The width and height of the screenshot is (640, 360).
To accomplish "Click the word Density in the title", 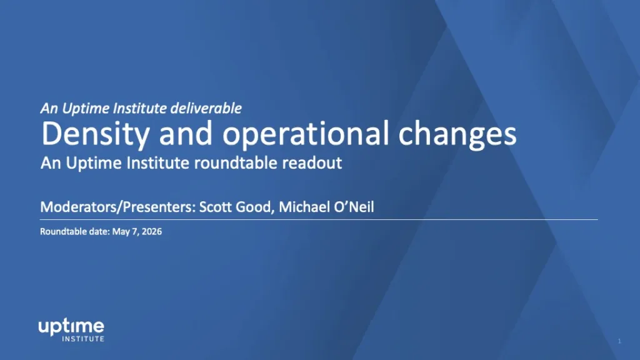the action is click(x=95, y=134).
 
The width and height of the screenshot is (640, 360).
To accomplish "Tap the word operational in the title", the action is click(x=305, y=134).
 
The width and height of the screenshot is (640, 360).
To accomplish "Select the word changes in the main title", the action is click(x=457, y=134).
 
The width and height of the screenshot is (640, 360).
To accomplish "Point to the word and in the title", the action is click(x=186, y=133).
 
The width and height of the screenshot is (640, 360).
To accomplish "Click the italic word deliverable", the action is click(x=206, y=108).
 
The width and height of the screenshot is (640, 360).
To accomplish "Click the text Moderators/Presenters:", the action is click(x=118, y=207).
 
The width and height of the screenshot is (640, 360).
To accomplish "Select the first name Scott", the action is click(x=216, y=207).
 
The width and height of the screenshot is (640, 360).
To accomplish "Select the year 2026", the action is click(x=151, y=231).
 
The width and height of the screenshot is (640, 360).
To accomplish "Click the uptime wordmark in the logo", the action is click(x=71, y=327).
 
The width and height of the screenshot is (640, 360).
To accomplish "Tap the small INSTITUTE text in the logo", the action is click(x=83, y=339).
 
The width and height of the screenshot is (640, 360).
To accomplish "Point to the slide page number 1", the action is click(x=619, y=341).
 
